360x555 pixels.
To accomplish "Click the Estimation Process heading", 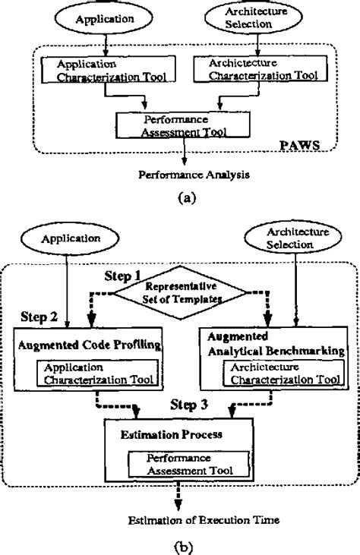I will (161, 435).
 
